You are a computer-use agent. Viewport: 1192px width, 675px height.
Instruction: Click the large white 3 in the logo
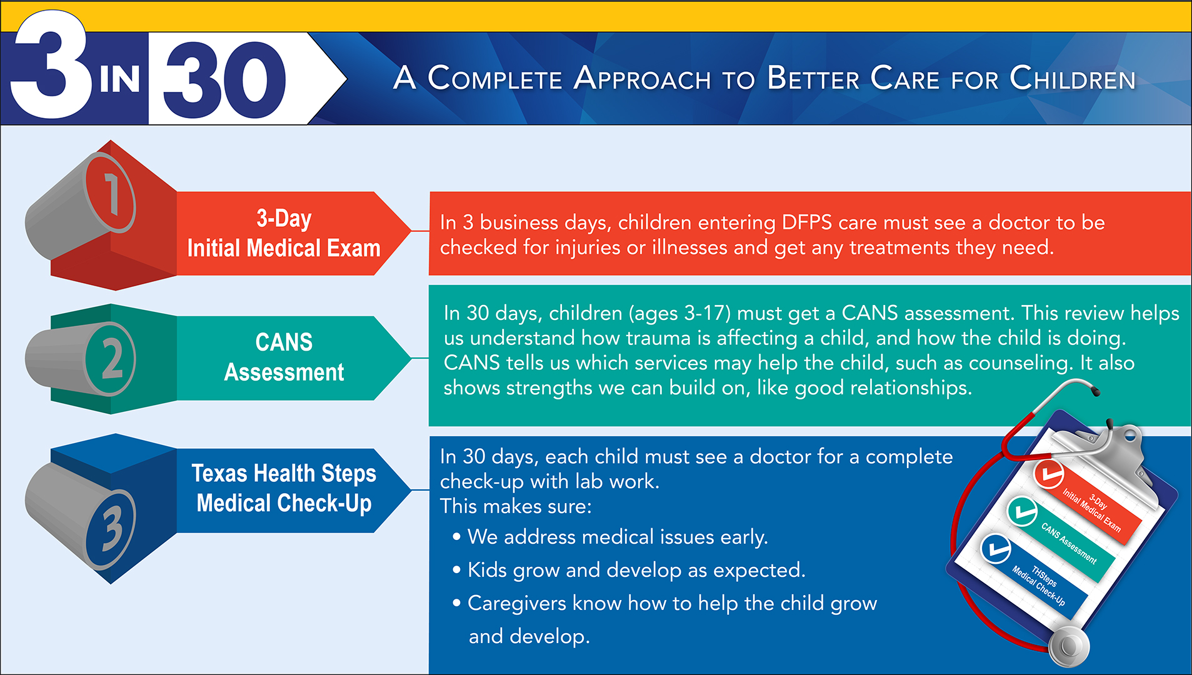[50, 65]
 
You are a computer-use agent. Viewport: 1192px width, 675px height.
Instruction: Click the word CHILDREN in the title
[1073, 79]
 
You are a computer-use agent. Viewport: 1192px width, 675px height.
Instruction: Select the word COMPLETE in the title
[495, 79]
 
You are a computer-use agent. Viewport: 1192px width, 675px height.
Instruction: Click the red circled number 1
[110, 193]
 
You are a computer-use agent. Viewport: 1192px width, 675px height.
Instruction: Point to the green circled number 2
[111, 359]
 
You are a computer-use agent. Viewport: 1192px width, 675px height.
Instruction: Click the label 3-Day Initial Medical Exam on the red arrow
[284, 233]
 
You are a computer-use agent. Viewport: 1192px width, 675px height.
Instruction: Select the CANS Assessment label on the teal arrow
[284, 357]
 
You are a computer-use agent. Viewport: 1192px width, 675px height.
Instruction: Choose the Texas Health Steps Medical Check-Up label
[284, 488]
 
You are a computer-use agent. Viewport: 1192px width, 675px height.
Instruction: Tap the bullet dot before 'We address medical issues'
[457, 537]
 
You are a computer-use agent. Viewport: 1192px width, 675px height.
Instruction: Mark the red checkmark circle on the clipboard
[1048, 473]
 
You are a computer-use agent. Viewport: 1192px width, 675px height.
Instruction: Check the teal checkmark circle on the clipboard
[1022, 512]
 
